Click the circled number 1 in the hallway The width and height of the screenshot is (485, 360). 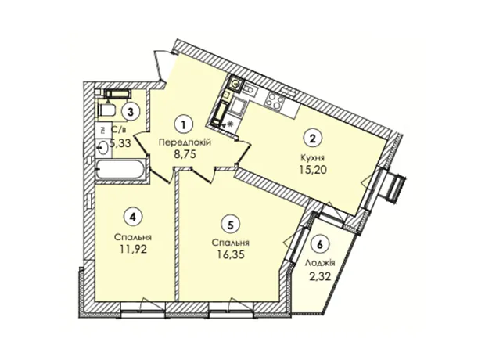[184, 124]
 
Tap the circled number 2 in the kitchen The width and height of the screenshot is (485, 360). [312, 138]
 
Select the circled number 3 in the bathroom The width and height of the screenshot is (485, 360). [131, 111]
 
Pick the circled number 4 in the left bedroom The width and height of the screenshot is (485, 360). [132, 217]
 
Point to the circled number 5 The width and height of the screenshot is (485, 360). [230, 225]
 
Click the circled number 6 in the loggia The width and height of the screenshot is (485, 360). [320, 244]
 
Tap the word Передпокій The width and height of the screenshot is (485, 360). [185, 142]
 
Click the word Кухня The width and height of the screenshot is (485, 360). [312, 158]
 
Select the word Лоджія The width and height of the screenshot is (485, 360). [320, 263]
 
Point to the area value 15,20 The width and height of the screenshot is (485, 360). [313, 170]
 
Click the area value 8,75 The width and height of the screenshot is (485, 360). [185, 154]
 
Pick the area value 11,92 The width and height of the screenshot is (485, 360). [133, 249]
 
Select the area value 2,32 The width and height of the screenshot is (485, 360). [320, 275]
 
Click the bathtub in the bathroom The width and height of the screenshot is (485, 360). [120, 170]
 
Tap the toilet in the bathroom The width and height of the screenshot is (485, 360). [106, 110]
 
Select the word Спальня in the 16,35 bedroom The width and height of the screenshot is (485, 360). [231, 243]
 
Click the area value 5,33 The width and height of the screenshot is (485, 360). [120, 143]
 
